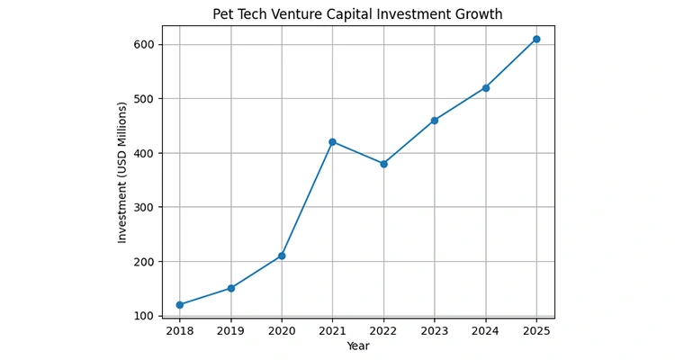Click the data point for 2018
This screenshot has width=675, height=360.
(180, 305)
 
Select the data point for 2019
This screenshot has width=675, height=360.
(230, 288)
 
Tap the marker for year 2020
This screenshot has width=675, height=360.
(282, 256)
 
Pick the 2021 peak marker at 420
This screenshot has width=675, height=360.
(332, 142)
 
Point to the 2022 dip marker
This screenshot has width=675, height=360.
(383, 164)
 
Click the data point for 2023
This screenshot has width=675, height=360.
(435, 121)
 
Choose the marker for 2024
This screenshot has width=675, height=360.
(485, 87)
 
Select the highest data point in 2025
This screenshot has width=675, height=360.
(536, 39)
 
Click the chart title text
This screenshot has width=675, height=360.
(370, 14)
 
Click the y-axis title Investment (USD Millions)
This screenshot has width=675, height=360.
(122, 172)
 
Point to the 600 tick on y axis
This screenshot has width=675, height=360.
(142, 45)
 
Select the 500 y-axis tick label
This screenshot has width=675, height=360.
(142, 99)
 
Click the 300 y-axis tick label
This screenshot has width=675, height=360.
(142, 207)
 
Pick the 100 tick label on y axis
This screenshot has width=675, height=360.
(142, 316)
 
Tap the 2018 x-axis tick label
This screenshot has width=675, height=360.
(180, 330)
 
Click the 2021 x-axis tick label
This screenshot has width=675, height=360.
(332, 330)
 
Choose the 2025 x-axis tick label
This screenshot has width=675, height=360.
(536, 330)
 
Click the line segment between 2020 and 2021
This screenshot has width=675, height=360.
(307, 199)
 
